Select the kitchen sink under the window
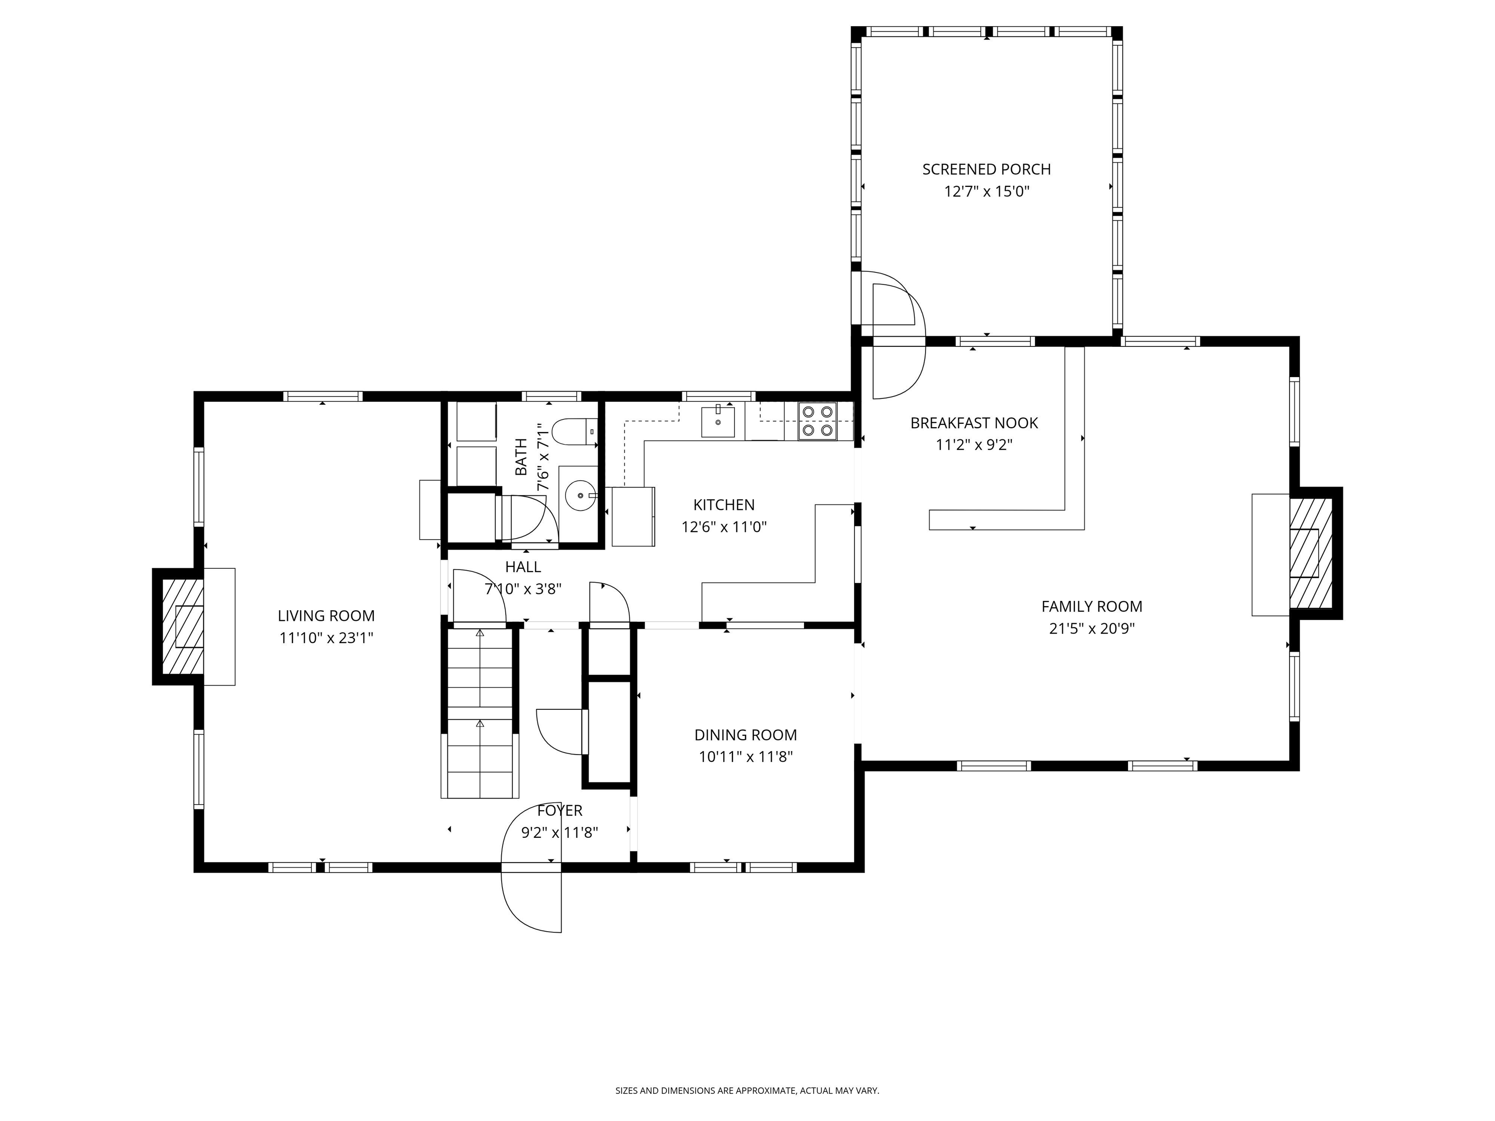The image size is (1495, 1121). pos(717,422)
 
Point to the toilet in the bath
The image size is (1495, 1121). pos(574,431)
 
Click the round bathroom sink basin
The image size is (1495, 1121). pos(580,495)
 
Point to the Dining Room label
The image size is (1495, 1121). pos(746,735)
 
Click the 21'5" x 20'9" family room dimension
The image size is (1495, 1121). pos(1092,629)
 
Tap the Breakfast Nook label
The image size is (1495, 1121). pos(974,423)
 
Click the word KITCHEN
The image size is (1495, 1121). pos(724,505)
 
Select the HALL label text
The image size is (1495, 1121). pos(523,567)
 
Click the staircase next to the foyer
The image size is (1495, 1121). pos(480,713)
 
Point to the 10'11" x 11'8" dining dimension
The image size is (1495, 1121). pos(746,757)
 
